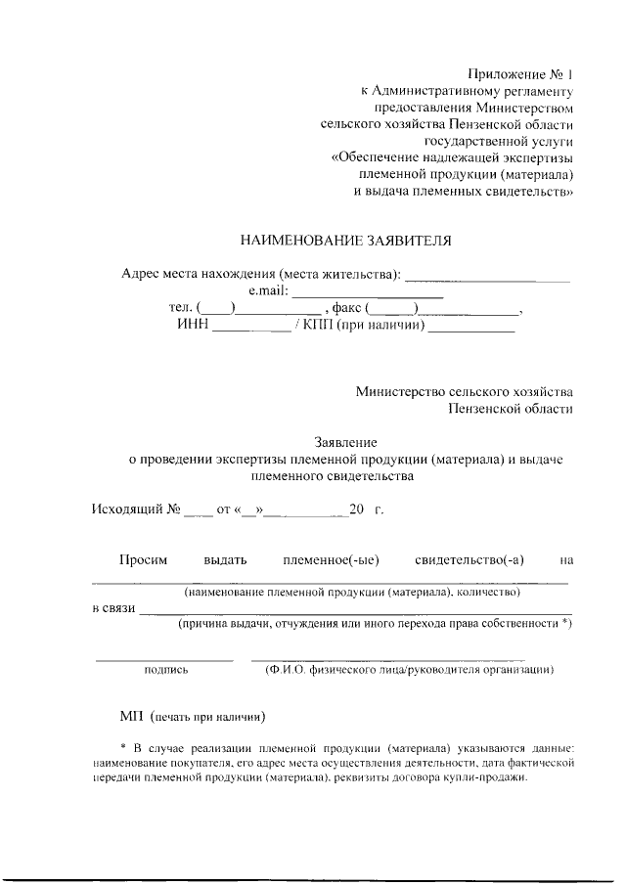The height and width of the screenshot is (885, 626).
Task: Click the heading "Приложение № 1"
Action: coord(517,73)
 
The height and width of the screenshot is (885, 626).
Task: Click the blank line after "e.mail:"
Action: coord(368,292)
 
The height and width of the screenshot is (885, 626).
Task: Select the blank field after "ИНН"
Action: coord(251,328)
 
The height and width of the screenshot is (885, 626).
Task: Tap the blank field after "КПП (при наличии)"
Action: coord(470,328)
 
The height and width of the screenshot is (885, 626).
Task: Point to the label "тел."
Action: coord(181,309)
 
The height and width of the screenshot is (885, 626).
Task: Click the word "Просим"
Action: coord(144,560)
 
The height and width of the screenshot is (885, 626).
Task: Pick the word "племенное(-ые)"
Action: coord(331,560)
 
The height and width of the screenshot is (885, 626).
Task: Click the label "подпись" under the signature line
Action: coord(166,670)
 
